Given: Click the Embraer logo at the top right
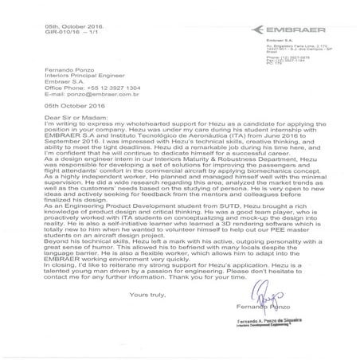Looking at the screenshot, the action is pos(303,28).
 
